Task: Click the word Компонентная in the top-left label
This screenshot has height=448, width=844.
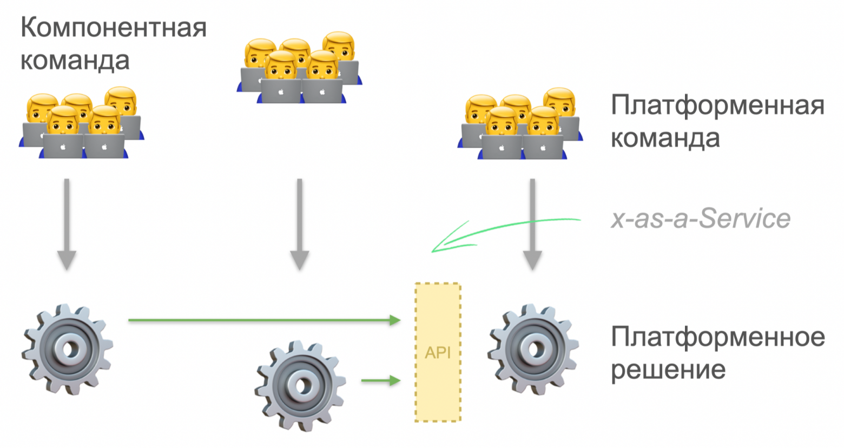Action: [114, 28]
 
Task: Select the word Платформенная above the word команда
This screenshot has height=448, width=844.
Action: [717, 106]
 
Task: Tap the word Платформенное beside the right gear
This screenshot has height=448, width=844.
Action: [718, 337]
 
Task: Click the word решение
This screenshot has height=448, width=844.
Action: [668, 370]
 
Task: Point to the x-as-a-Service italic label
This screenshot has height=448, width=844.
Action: [701, 219]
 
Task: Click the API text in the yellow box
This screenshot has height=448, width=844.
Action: [438, 353]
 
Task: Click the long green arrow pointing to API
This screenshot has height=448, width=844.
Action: [264, 320]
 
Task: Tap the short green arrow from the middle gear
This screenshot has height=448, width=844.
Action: [380, 380]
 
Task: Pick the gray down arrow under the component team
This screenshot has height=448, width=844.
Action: [67, 224]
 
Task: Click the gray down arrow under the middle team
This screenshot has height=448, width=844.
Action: [300, 224]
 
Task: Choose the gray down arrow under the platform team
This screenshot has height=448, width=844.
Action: [532, 224]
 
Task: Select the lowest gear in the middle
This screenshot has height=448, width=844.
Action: [300, 386]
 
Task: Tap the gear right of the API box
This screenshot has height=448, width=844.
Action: [533, 349]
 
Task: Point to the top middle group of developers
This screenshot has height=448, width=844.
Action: [300, 67]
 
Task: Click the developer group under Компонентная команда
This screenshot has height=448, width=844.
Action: [81, 122]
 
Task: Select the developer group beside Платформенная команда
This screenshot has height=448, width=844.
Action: [520, 123]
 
